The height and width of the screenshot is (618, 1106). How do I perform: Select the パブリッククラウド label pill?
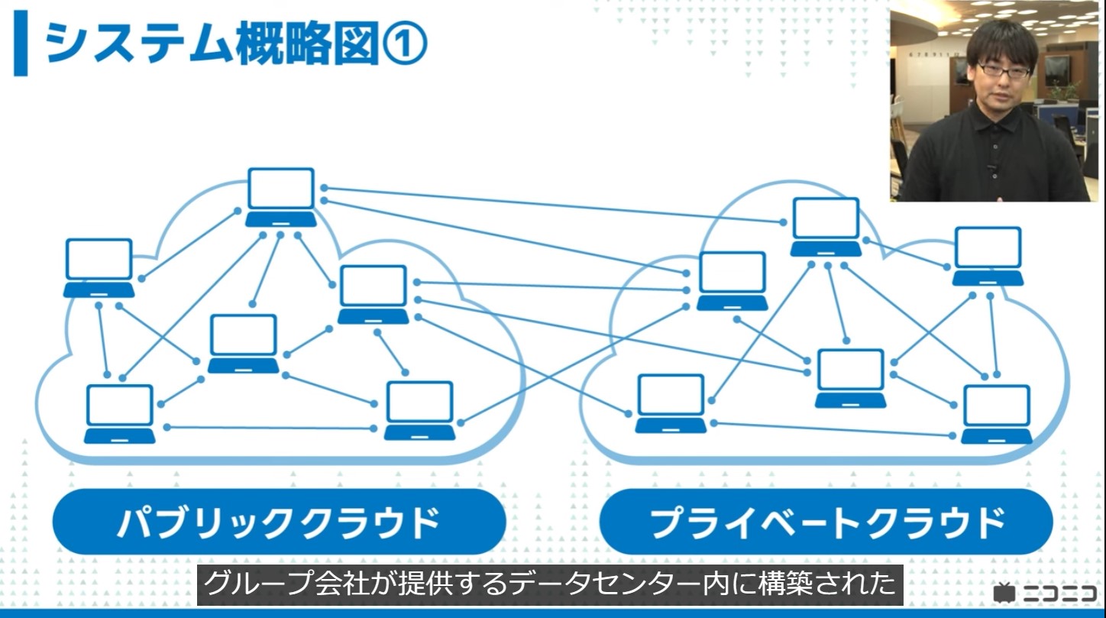point(279,522)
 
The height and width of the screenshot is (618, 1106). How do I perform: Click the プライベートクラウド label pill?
point(826,522)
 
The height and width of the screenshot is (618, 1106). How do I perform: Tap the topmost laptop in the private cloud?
point(826,226)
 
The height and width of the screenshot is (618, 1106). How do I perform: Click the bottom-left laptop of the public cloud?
point(120,413)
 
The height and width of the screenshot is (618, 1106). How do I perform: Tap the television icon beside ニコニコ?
point(1004,593)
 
